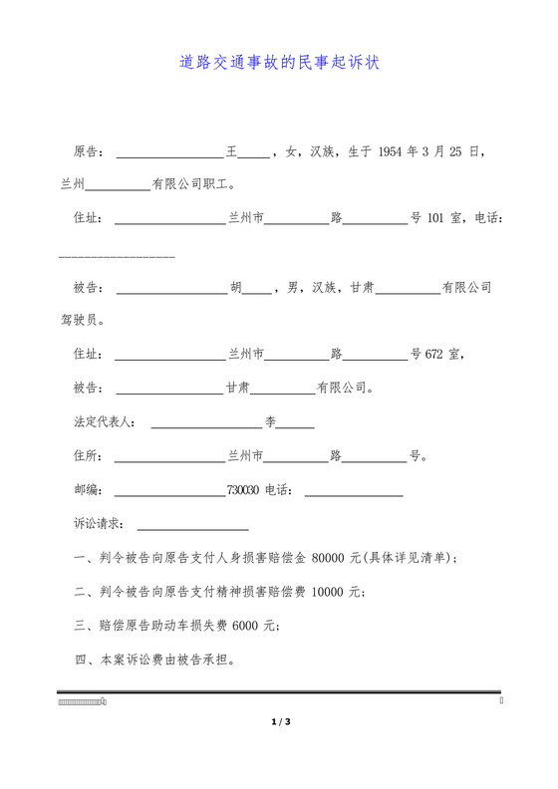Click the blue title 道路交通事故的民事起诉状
(x=279, y=63)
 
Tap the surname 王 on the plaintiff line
(x=232, y=152)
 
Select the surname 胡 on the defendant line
(x=236, y=287)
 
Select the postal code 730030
(x=243, y=490)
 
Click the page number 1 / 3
(x=279, y=721)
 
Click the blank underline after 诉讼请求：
(x=192, y=525)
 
